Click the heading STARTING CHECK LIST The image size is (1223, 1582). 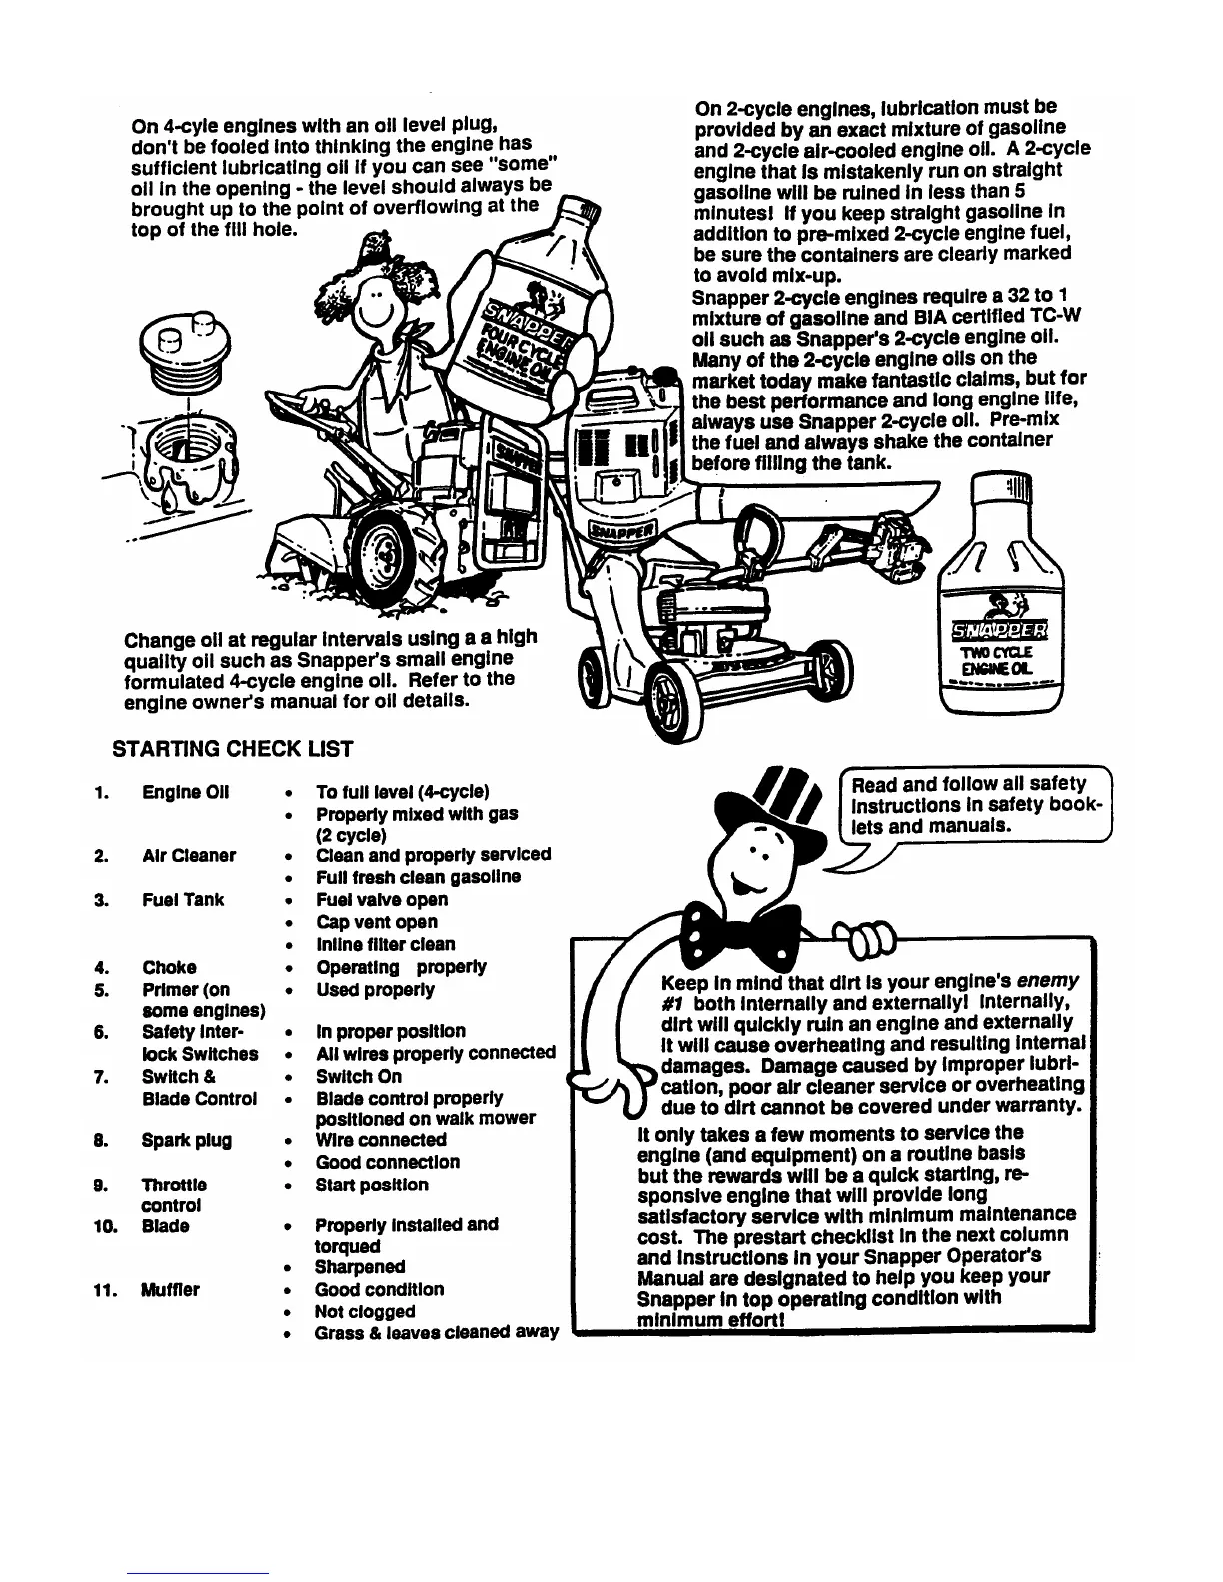pos(232,749)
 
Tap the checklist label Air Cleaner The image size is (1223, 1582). pos(189,856)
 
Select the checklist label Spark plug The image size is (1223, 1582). pos(187,1140)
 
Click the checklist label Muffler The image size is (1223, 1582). pos(170,1290)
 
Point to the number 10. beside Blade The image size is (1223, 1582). pos(105,1225)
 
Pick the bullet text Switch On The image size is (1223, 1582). pos(359,1076)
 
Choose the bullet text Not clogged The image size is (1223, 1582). pos(365,1312)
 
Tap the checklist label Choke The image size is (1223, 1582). pos(169,967)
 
